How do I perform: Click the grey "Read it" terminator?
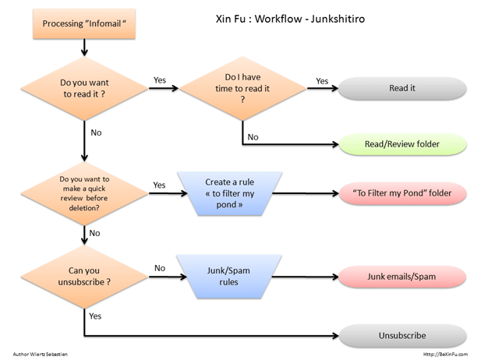401,88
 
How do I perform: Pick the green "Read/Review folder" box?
401,144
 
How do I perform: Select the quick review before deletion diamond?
83,191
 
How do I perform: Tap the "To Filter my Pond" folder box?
401,192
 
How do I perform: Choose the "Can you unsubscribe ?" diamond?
83,277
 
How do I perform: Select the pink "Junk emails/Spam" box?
401,277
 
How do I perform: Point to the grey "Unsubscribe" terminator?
401,335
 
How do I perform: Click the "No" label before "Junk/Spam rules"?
160,268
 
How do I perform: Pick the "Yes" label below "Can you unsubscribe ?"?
95,316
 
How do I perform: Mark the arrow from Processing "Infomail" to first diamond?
83,49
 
